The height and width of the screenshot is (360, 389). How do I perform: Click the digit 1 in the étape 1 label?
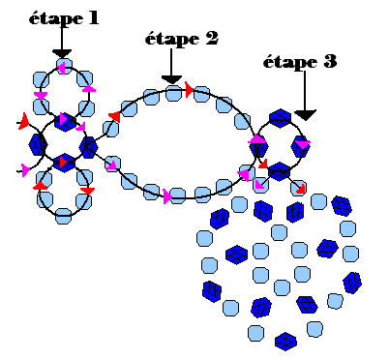tap(92, 18)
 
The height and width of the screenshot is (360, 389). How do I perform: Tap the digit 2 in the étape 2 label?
tap(211, 38)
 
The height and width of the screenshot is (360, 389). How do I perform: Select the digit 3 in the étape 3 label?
tap(330, 61)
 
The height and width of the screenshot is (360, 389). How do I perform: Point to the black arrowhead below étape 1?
tap(62, 53)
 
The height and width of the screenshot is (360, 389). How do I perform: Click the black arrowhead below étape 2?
tap(171, 79)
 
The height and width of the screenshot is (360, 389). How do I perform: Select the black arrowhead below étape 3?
tap(305, 115)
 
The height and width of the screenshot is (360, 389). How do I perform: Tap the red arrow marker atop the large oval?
tap(189, 89)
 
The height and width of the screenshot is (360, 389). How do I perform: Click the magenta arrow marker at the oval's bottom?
tap(167, 196)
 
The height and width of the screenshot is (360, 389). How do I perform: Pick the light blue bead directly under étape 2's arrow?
tap(173, 93)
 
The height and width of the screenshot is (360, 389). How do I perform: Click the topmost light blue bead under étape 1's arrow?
tap(64, 66)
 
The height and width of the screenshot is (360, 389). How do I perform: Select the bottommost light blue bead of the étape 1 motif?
tap(63, 216)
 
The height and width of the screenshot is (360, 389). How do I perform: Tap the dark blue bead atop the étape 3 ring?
tap(280, 118)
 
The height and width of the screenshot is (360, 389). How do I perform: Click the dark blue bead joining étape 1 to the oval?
tap(88, 147)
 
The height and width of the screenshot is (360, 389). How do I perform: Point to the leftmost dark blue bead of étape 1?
tap(38, 144)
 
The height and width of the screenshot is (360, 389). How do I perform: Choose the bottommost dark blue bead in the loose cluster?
tap(285, 342)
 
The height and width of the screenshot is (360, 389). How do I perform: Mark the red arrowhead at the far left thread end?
tap(23, 122)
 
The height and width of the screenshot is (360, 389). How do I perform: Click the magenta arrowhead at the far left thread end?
tap(25, 169)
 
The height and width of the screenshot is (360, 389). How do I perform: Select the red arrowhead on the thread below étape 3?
tap(300, 189)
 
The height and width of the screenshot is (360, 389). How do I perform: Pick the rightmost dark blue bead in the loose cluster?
tap(352, 283)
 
